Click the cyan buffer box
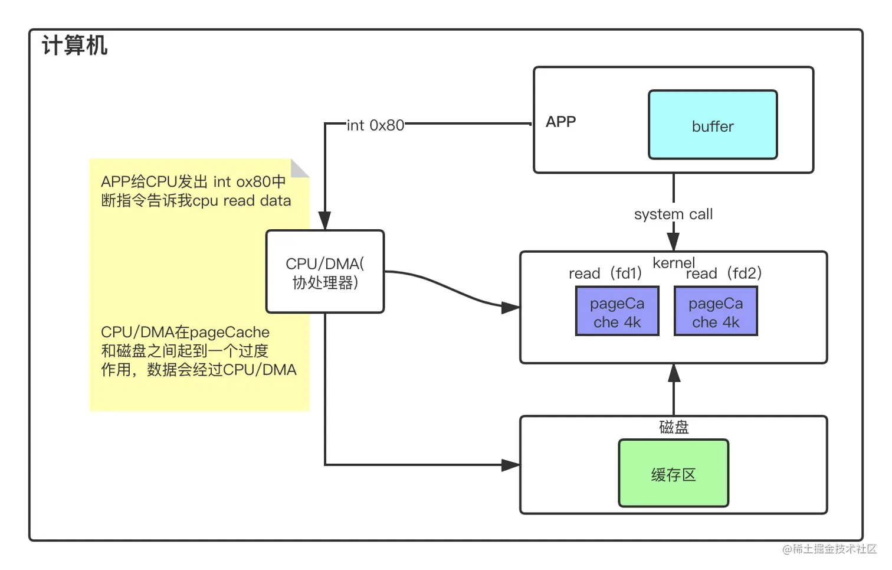713,125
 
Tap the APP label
560,122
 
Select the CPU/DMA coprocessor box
325,272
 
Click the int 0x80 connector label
375,125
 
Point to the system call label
673,214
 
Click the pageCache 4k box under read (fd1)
617,311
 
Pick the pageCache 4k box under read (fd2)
716,311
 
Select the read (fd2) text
724,273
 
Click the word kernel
673,262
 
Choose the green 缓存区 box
673,473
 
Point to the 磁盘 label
673,426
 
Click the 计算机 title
75,45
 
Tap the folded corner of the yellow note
299,169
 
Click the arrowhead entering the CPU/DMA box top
324,221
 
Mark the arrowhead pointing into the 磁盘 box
510,465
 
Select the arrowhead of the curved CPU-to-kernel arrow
510,308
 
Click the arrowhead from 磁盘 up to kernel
674,373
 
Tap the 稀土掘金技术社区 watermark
829,548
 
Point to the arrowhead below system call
673,242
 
